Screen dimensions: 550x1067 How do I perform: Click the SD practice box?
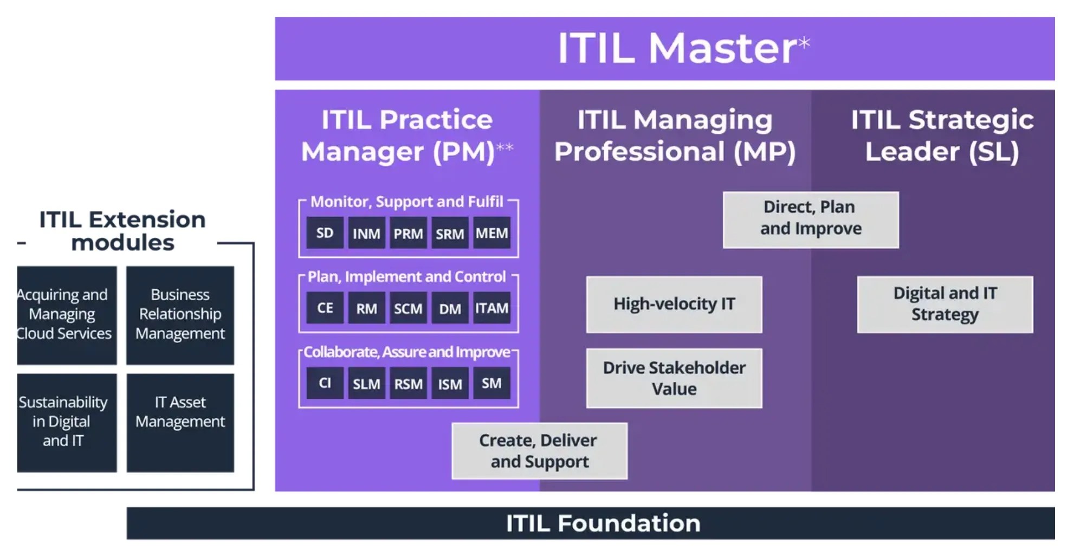(325, 233)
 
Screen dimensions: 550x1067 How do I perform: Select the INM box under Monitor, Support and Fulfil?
(366, 234)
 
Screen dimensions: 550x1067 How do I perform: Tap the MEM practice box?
(492, 233)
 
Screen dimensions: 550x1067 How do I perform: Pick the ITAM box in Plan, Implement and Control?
(492, 308)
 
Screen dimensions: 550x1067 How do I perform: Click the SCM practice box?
(408, 308)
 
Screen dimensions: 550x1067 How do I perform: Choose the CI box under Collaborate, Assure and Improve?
(325, 383)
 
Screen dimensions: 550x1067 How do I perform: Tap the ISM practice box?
(450, 384)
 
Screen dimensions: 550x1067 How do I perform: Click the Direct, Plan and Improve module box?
(810, 219)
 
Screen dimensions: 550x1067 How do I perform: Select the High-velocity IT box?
(674, 304)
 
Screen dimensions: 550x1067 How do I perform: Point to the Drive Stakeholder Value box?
(674, 378)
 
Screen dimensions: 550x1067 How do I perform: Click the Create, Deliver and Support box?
(539, 451)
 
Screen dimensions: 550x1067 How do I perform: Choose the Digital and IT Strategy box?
(945, 304)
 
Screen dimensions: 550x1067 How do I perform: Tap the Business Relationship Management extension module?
(180, 315)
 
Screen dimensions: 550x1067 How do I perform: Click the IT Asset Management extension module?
(180, 422)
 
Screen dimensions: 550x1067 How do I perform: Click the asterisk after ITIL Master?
(804, 42)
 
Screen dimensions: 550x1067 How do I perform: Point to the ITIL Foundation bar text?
(603, 523)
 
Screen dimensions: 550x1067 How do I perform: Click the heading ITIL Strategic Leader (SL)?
(942, 135)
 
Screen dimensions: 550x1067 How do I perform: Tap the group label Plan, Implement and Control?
(406, 277)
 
